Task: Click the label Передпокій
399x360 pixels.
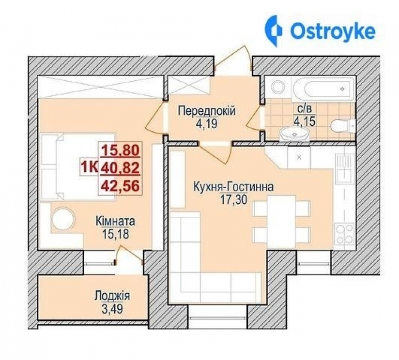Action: [x=207, y=111]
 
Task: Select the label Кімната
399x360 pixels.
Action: [x=115, y=222]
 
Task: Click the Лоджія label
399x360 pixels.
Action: [x=112, y=295]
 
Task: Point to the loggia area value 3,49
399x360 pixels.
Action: [x=112, y=307]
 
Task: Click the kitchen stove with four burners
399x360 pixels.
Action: [x=345, y=233]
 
